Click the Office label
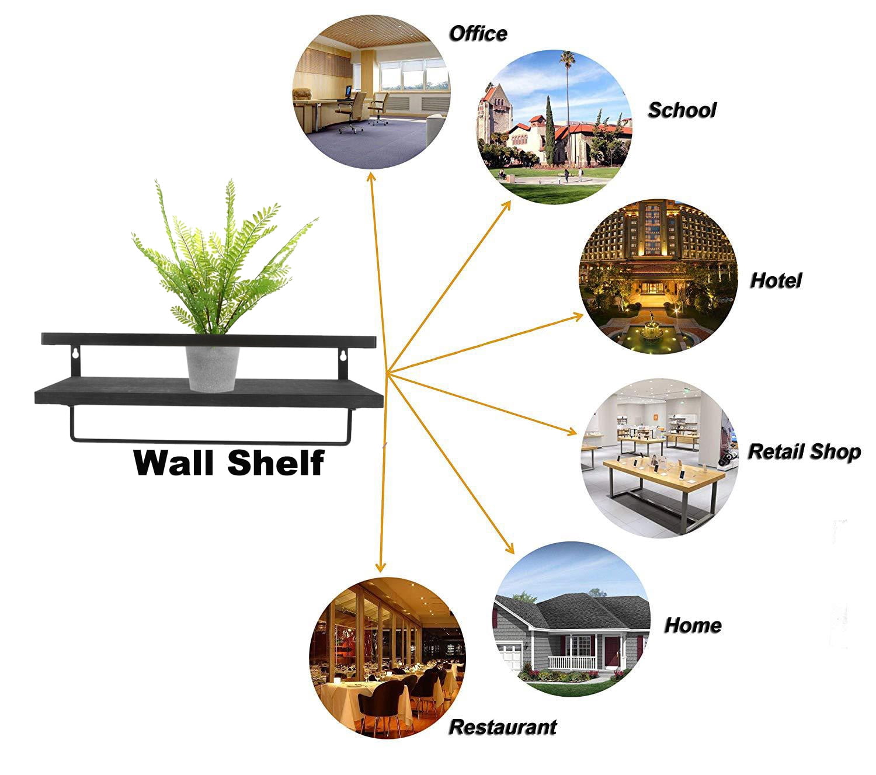(478, 34)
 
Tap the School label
(682, 110)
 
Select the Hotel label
(775, 280)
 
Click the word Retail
(776, 451)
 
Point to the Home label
(693, 625)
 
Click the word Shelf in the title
(276, 463)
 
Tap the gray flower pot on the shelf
(212, 369)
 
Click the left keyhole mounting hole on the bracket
(76, 354)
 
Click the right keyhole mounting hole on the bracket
(343, 356)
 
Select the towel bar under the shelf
(211, 440)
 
